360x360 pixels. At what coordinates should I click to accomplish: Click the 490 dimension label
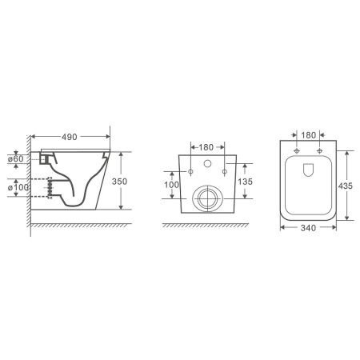point(70,137)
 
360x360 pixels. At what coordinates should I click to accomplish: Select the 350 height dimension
point(119,182)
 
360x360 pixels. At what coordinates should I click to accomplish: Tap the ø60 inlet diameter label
point(15,159)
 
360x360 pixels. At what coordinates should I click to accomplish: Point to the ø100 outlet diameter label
point(18,187)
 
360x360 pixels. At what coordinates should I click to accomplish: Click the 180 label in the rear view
point(206,147)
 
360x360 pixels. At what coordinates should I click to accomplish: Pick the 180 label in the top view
point(309,135)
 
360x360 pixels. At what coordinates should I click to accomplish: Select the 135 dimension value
point(245,182)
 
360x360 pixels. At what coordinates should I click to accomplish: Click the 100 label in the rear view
point(171,185)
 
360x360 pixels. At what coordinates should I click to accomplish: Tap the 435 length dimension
point(346,186)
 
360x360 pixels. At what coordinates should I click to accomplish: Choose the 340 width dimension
point(308,228)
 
